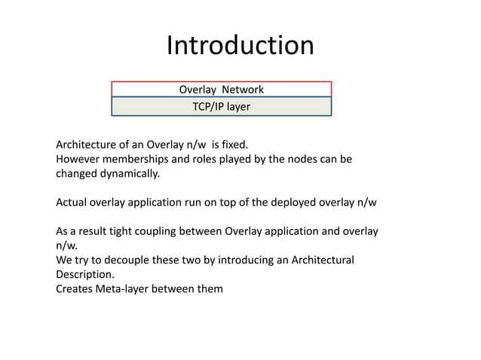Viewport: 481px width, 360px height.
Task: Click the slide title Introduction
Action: [240, 46]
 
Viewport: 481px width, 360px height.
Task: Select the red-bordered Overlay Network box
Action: [221, 90]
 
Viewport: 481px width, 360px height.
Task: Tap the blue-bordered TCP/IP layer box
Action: [221, 107]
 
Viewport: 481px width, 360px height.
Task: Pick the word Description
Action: [85, 274]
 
